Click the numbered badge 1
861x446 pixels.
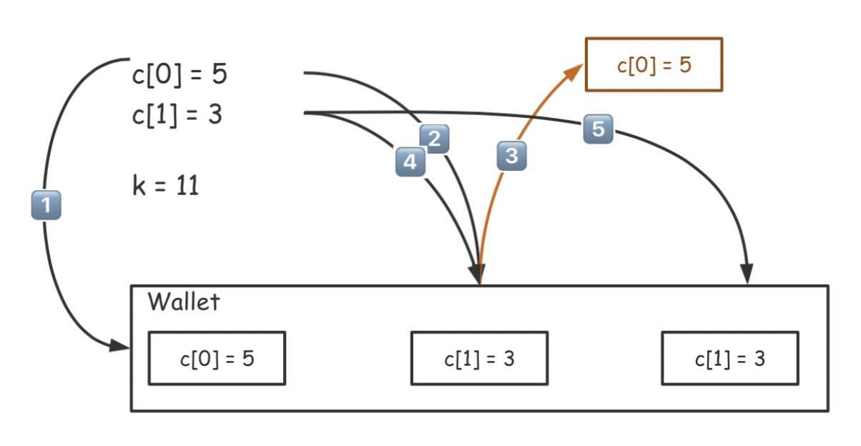pos(46,206)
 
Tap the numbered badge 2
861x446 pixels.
pos(434,139)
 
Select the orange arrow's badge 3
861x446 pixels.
pos(511,156)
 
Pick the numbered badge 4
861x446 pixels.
pos(410,162)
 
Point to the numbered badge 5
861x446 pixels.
pos(598,129)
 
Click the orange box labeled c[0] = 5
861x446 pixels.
pos(654,65)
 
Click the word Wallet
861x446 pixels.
pos(183,302)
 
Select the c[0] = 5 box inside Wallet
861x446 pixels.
pos(217,358)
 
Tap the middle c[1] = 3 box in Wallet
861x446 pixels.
pos(479,358)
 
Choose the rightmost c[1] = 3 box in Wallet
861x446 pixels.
pos(729,358)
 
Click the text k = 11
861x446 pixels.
pos(165,187)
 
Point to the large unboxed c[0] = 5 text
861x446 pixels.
pos(179,74)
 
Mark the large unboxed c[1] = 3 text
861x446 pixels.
pos(177,114)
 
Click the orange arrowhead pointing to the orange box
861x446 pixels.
pos(576,71)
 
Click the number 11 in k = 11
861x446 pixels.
pos(187,187)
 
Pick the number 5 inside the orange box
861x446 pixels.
pos(684,65)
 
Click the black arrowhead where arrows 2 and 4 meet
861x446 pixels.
pos(477,275)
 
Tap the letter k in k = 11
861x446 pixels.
pos(138,187)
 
